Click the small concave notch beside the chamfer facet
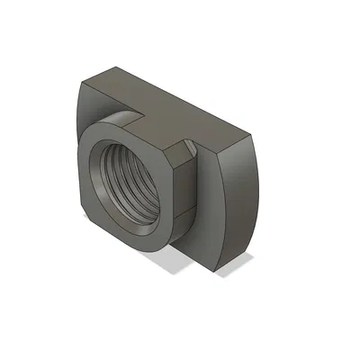pos(190,141)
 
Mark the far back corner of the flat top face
pos(121,66)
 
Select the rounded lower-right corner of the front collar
pos(162,243)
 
